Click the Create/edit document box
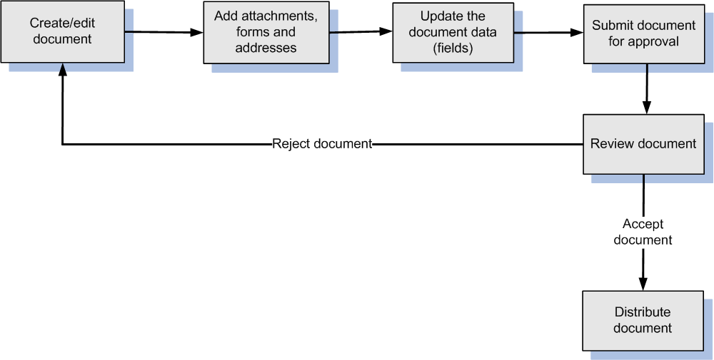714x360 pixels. click(x=62, y=31)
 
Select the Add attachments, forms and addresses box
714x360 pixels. click(x=266, y=33)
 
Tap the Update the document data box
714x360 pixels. click(x=452, y=33)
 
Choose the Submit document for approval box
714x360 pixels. click(x=643, y=34)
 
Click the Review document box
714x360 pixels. click(x=643, y=144)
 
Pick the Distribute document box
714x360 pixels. click(x=643, y=320)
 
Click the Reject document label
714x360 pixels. click(x=322, y=144)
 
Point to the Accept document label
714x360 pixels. click(x=643, y=232)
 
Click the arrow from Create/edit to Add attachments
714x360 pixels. click(x=164, y=31)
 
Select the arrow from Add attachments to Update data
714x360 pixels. click(x=361, y=31)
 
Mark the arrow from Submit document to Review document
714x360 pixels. click(x=646, y=88)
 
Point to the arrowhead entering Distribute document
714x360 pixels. click(x=643, y=284)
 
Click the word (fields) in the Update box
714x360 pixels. click(x=453, y=48)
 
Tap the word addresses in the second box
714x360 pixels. click(x=266, y=48)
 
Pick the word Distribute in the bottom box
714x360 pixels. click(x=643, y=312)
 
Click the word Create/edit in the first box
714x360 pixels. click(x=62, y=24)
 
